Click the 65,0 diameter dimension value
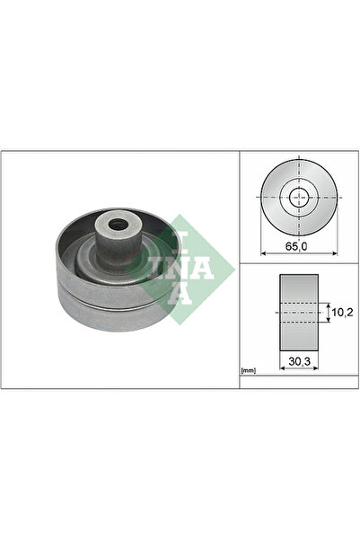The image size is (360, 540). [x=296, y=246]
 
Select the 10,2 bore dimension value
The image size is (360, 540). [x=343, y=313]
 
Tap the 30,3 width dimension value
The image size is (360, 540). [x=300, y=361]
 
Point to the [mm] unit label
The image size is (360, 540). [x=248, y=370]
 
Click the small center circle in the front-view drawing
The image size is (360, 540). [x=299, y=198]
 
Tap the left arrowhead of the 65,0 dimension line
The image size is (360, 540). [x=263, y=253]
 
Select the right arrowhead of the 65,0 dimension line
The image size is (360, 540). [x=335, y=253]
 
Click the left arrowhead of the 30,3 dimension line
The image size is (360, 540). [x=282, y=368]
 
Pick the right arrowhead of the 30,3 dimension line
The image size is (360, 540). [x=316, y=368]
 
